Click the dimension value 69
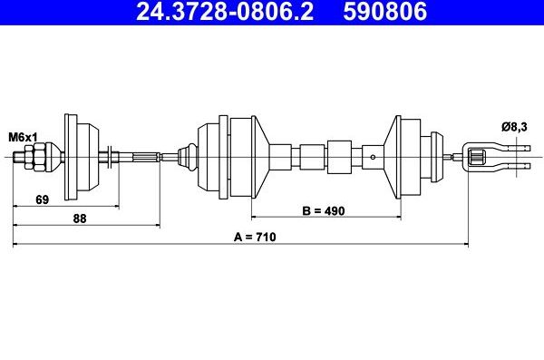tap(43, 199)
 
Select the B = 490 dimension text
tap(324, 210)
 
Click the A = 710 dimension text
tap(254, 237)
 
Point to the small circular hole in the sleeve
tap(373, 157)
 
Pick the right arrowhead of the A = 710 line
tap(463, 244)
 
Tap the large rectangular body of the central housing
tap(242, 156)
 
